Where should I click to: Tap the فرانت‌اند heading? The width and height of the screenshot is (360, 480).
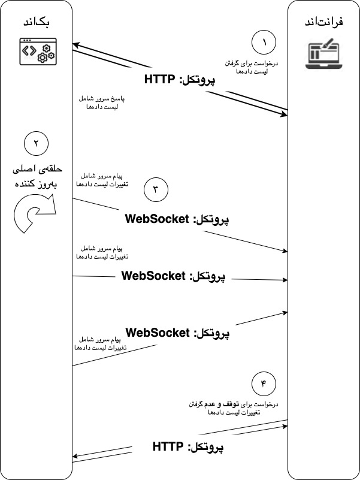323,23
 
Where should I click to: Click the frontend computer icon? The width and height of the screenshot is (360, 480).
324,53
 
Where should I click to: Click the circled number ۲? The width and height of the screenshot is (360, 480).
35,144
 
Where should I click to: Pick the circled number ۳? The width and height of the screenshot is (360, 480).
156,190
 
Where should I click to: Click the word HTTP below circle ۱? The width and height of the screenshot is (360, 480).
161,79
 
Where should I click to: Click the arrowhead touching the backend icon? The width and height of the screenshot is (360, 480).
75,44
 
